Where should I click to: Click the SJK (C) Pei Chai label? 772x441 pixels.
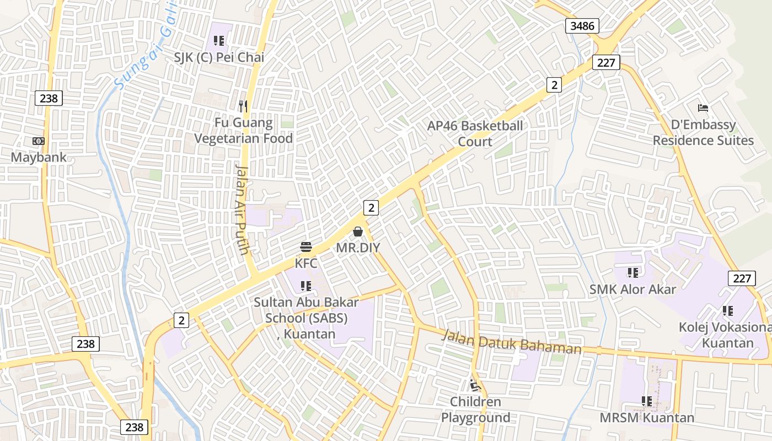(219, 57)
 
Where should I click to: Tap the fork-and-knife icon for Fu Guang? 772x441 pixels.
(243, 106)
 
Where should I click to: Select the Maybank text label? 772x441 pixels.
(39, 157)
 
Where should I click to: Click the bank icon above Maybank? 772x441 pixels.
(39, 141)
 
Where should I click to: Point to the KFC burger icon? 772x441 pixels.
(306, 247)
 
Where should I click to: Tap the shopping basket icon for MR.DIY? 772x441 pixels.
(358, 232)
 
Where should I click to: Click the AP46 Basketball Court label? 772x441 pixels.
(475, 133)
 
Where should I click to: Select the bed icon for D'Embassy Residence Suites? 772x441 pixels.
(703, 107)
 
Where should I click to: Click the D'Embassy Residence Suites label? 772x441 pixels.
(703, 132)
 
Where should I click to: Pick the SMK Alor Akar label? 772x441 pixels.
(632, 289)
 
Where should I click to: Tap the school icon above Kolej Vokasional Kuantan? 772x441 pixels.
(727, 311)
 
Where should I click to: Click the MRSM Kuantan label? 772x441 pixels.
(647, 418)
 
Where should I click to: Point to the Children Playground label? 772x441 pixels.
(475, 410)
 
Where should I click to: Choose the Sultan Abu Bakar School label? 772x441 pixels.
(306, 318)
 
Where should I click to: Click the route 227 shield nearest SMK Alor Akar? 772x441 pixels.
(742, 278)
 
